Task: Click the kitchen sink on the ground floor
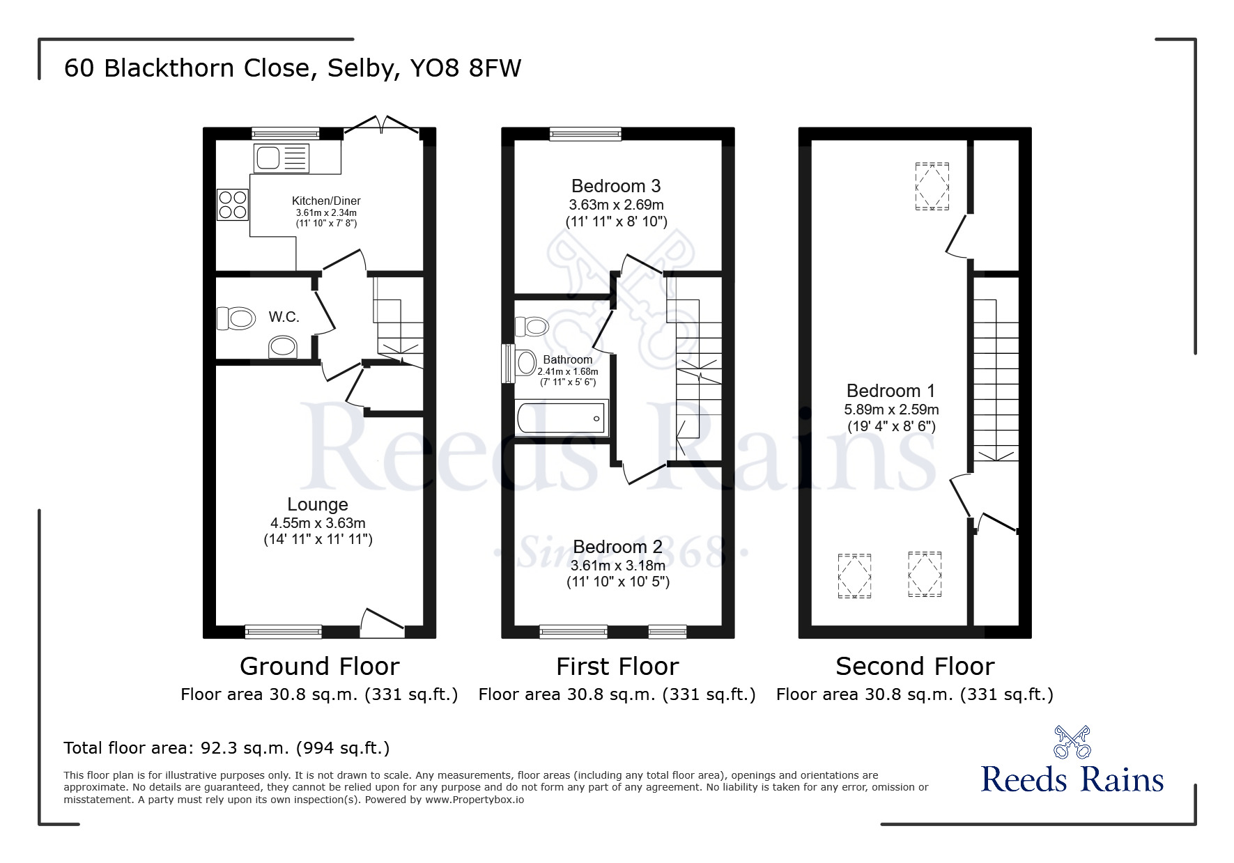click(x=281, y=158)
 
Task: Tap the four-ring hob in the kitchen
click(x=233, y=205)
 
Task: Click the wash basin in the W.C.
click(x=284, y=347)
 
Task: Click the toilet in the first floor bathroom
click(x=532, y=326)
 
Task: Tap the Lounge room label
click(x=318, y=504)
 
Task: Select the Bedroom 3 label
click(x=616, y=186)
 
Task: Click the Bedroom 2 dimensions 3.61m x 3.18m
click(x=618, y=566)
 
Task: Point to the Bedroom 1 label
click(x=891, y=391)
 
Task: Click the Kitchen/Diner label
click(x=326, y=201)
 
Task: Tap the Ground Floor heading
click(x=320, y=667)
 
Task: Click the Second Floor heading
click(x=915, y=667)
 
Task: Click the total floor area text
click(x=226, y=748)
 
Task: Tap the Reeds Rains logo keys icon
click(x=1072, y=742)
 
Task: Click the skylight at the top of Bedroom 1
click(x=932, y=186)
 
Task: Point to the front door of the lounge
click(x=383, y=623)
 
